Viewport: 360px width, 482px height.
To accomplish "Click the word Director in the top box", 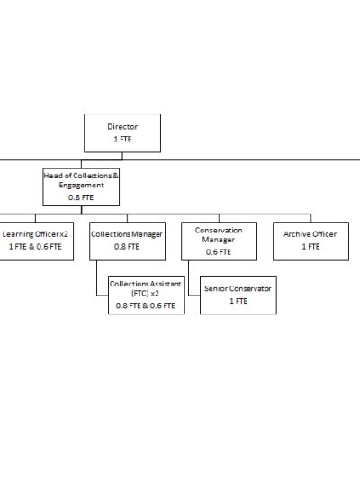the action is click(122, 127).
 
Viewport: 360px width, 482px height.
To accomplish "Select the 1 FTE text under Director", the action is click(122, 140).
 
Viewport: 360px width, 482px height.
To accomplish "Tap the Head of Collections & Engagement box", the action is click(81, 186).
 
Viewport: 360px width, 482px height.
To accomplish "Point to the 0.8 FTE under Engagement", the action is click(81, 197).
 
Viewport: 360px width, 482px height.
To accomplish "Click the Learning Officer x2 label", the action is click(35, 234).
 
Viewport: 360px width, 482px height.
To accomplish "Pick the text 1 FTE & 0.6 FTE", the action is click(35, 247).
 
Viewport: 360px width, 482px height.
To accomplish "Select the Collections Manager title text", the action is click(127, 234).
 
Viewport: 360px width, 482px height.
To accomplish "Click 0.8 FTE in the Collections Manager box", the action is click(127, 247).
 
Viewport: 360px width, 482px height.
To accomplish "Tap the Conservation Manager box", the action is click(219, 241).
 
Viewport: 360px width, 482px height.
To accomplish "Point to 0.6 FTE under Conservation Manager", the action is click(219, 252).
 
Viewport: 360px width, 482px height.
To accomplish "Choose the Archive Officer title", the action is click(310, 234).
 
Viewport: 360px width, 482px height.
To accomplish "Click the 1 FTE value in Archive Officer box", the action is click(310, 247).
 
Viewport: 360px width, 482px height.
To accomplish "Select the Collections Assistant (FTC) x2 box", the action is click(147, 296).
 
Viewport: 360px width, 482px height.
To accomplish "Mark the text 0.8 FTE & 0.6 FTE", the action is click(145, 305).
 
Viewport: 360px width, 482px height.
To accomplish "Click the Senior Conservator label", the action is click(238, 288).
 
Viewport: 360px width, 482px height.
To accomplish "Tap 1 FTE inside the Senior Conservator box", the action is click(238, 301).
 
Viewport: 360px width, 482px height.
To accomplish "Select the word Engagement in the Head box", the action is click(81, 186).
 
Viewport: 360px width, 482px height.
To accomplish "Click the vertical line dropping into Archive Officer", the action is click(310, 218).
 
